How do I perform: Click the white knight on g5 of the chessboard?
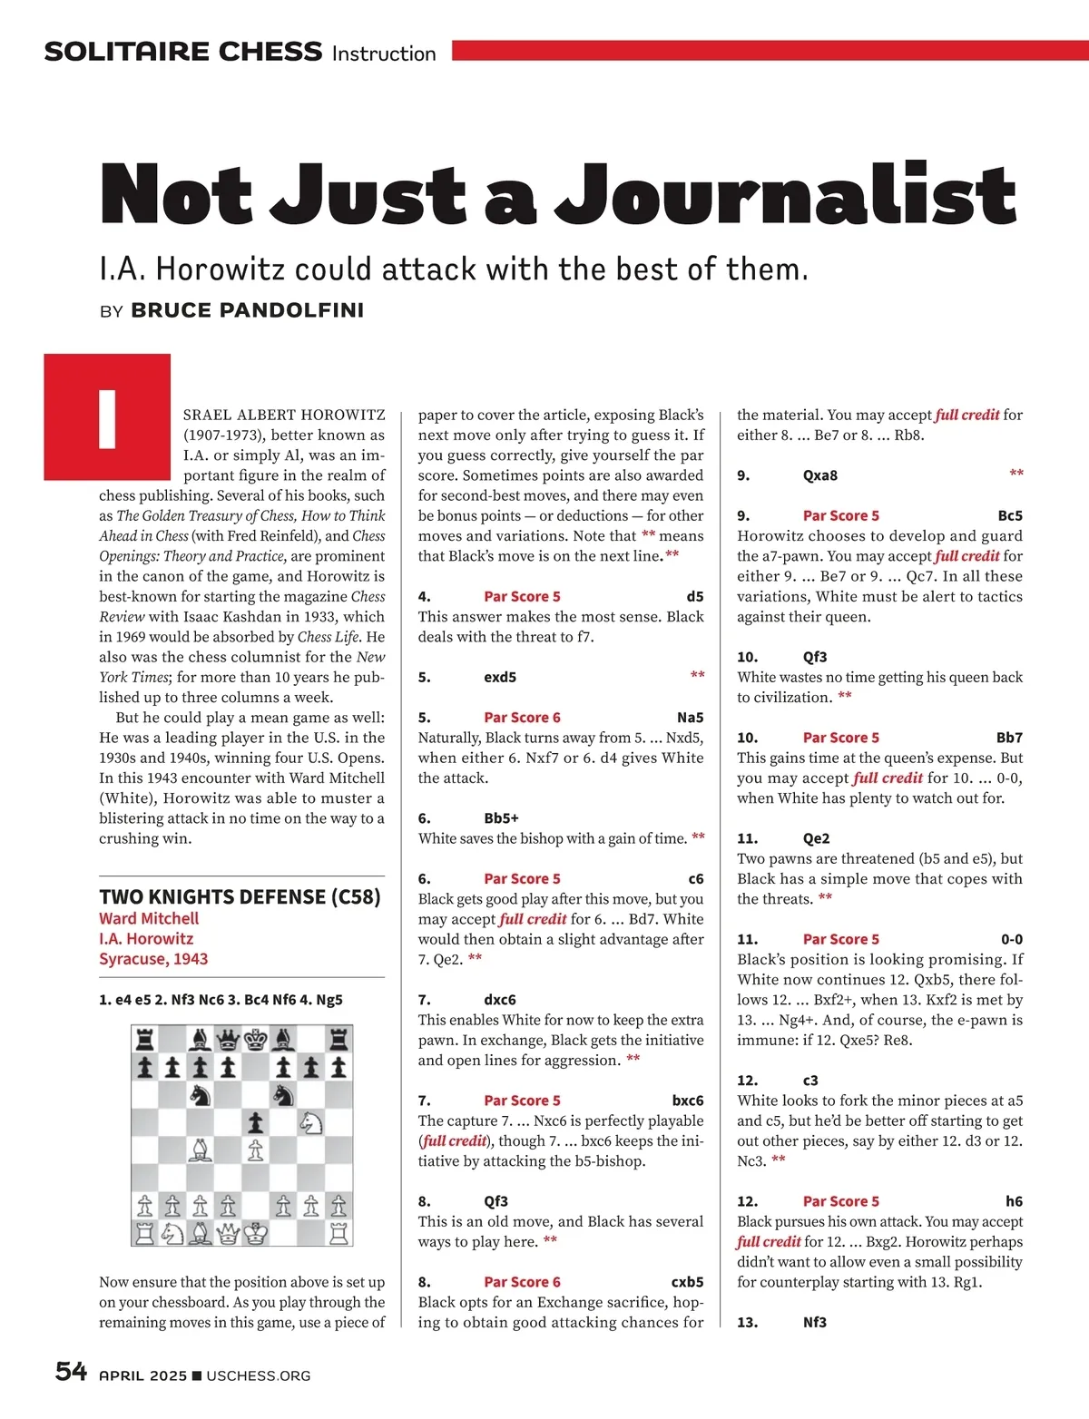(311, 1123)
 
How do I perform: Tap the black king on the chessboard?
(256, 1039)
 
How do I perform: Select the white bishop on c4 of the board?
(200, 1150)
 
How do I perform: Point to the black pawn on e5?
(256, 1123)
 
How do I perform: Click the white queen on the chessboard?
(228, 1233)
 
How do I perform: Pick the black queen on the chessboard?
(228, 1039)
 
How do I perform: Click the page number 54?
(71, 1371)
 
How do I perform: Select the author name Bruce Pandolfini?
(247, 310)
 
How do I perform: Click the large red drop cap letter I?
(107, 417)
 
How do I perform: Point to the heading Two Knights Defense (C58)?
(240, 896)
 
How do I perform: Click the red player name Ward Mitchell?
(149, 918)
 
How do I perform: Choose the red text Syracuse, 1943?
(153, 959)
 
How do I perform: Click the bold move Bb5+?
(501, 817)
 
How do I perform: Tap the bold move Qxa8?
(820, 475)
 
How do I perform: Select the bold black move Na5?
(690, 717)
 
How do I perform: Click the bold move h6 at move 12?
(1014, 1200)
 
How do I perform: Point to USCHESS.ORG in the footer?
(258, 1375)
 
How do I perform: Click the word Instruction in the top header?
(384, 54)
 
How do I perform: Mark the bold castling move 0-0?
(1011, 939)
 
